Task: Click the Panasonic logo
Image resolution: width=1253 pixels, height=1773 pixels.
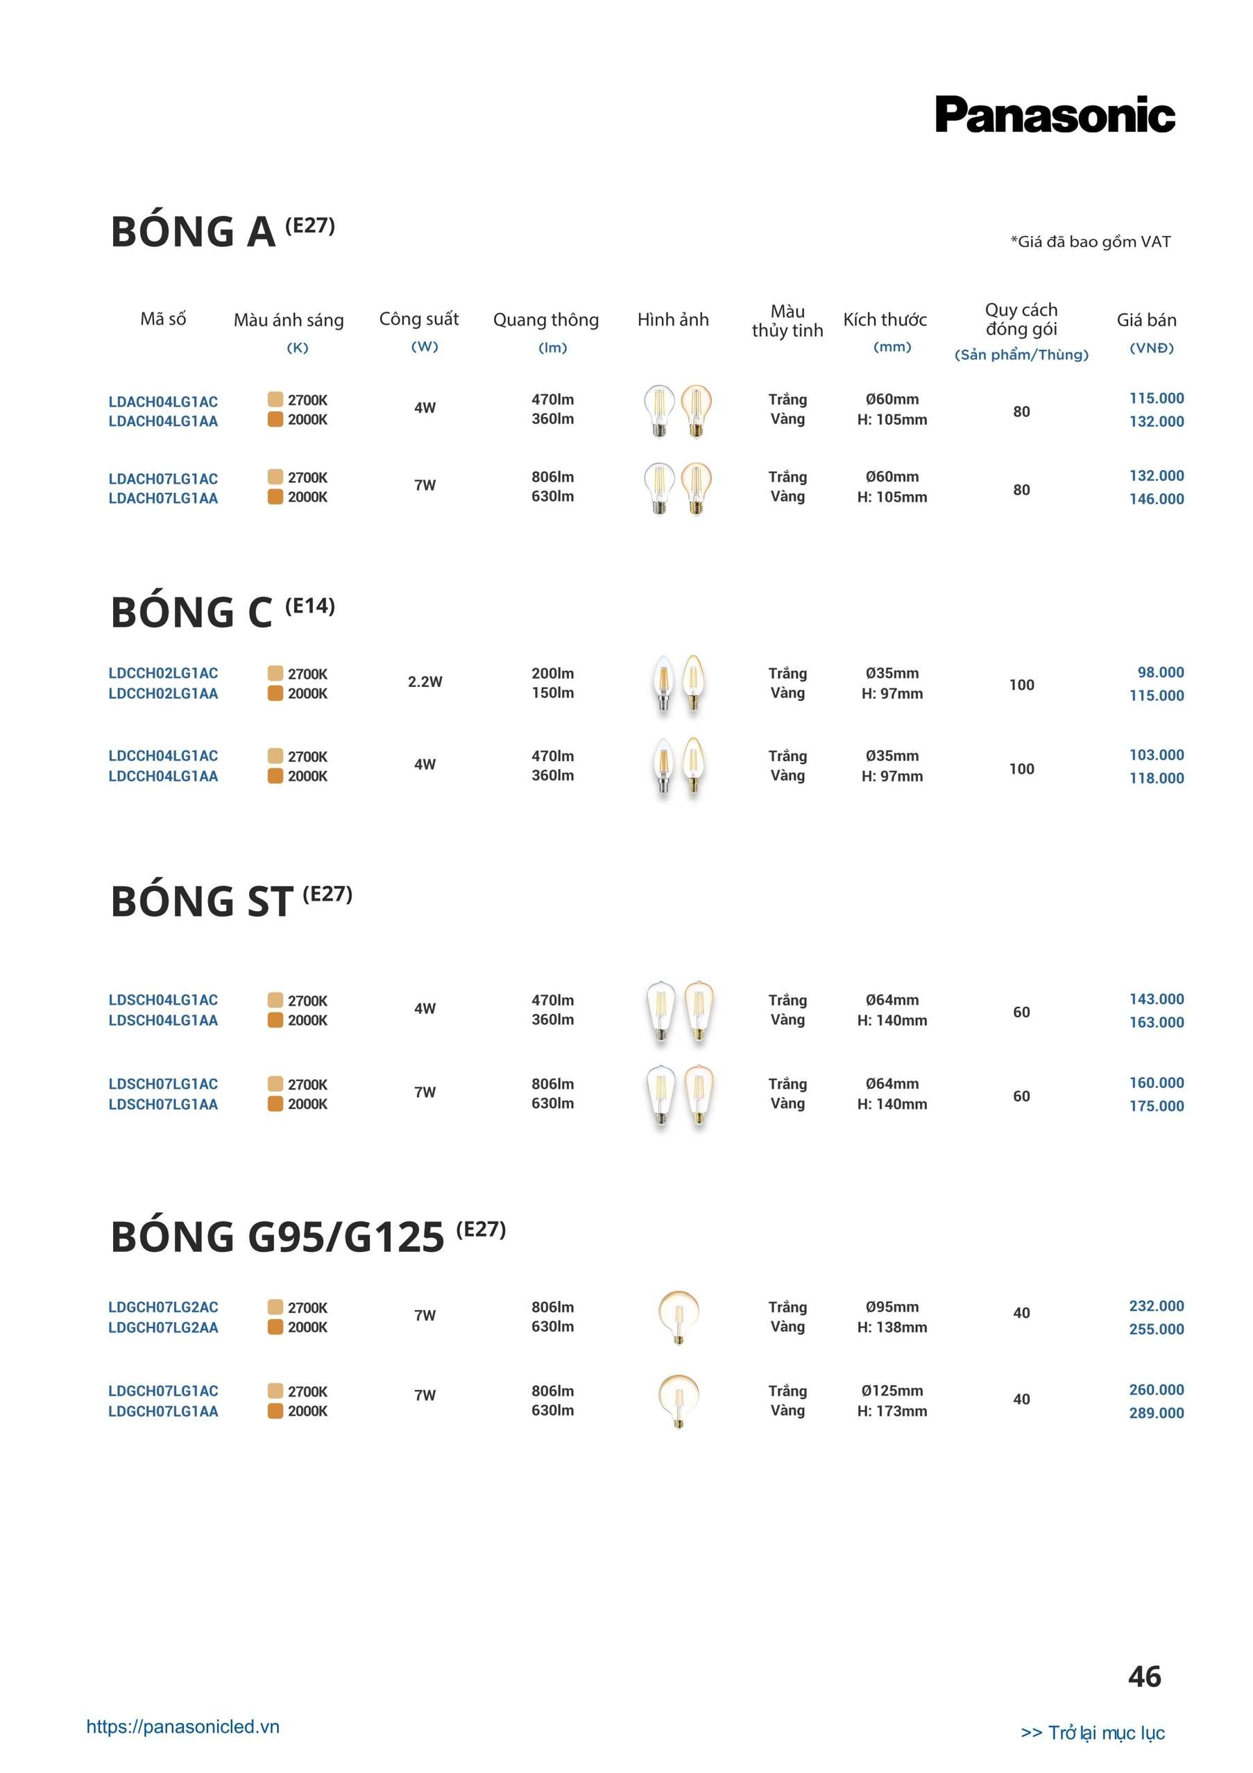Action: click(1055, 114)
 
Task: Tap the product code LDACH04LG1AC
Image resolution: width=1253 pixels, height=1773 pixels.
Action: click(163, 402)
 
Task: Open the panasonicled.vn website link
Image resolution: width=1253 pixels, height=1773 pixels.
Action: click(183, 1727)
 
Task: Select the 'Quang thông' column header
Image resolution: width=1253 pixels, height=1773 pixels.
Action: click(546, 320)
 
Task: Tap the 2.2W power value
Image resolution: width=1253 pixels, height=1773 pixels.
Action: click(425, 682)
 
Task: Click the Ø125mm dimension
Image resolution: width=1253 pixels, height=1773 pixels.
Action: click(892, 1391)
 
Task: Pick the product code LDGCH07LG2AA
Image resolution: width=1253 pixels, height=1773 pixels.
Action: click(163, 1327)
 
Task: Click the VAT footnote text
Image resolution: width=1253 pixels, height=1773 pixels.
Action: click(1090, 241)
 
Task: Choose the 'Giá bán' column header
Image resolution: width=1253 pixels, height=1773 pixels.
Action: click(1146, 320)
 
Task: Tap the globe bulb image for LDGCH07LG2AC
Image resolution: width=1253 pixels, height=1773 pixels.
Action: click(679, 1316)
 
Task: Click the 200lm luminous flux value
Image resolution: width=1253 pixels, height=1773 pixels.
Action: click(553, 673)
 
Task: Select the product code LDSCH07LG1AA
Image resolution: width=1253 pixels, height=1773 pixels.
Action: click(163, 1104)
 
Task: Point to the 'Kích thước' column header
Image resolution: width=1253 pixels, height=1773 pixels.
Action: click(885, 320)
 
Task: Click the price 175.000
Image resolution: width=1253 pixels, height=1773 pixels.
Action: click(1157, 1106)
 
